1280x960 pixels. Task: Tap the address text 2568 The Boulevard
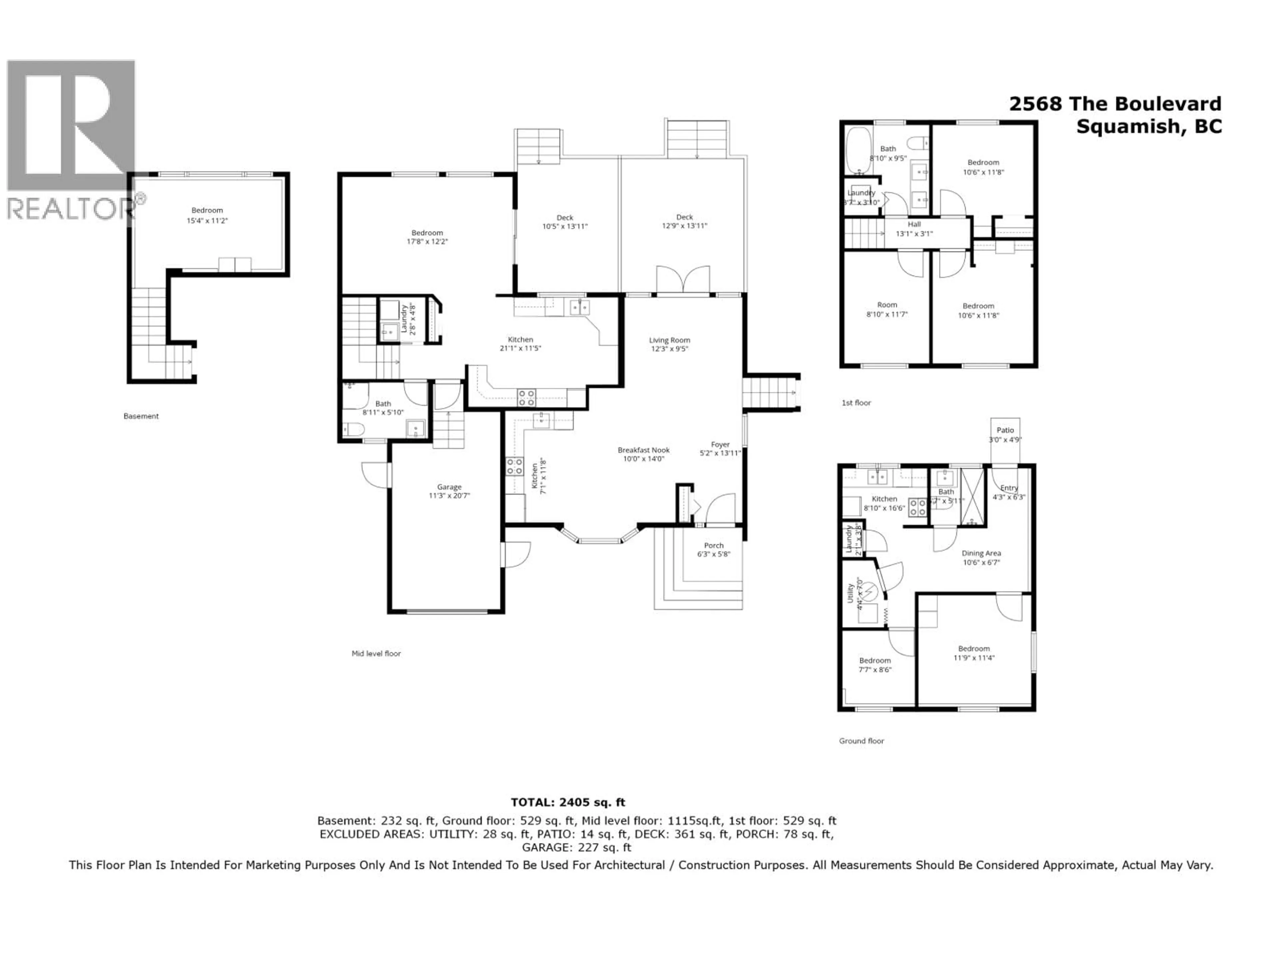tap(1115, 104)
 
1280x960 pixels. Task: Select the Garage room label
tap(449, 491)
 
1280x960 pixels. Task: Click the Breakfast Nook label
tap(643, 454)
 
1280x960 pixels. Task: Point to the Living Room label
tap(670, 344)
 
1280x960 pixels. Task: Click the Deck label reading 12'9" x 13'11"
tap(685, 222)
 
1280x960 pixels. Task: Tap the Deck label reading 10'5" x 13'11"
tap(565, 222)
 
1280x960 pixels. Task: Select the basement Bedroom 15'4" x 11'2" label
tap(207, 215)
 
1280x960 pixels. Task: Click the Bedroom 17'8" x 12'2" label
tap(427, 237)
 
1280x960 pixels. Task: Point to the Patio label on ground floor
tap(1005, 435)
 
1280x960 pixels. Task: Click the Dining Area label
tap(981, 558)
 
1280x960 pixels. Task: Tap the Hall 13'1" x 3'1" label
tap(914, 229)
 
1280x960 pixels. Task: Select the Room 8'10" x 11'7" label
tap(887, 310)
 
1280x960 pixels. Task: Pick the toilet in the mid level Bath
tap(354, 429)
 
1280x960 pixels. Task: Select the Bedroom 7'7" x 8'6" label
tap(875, 665)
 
